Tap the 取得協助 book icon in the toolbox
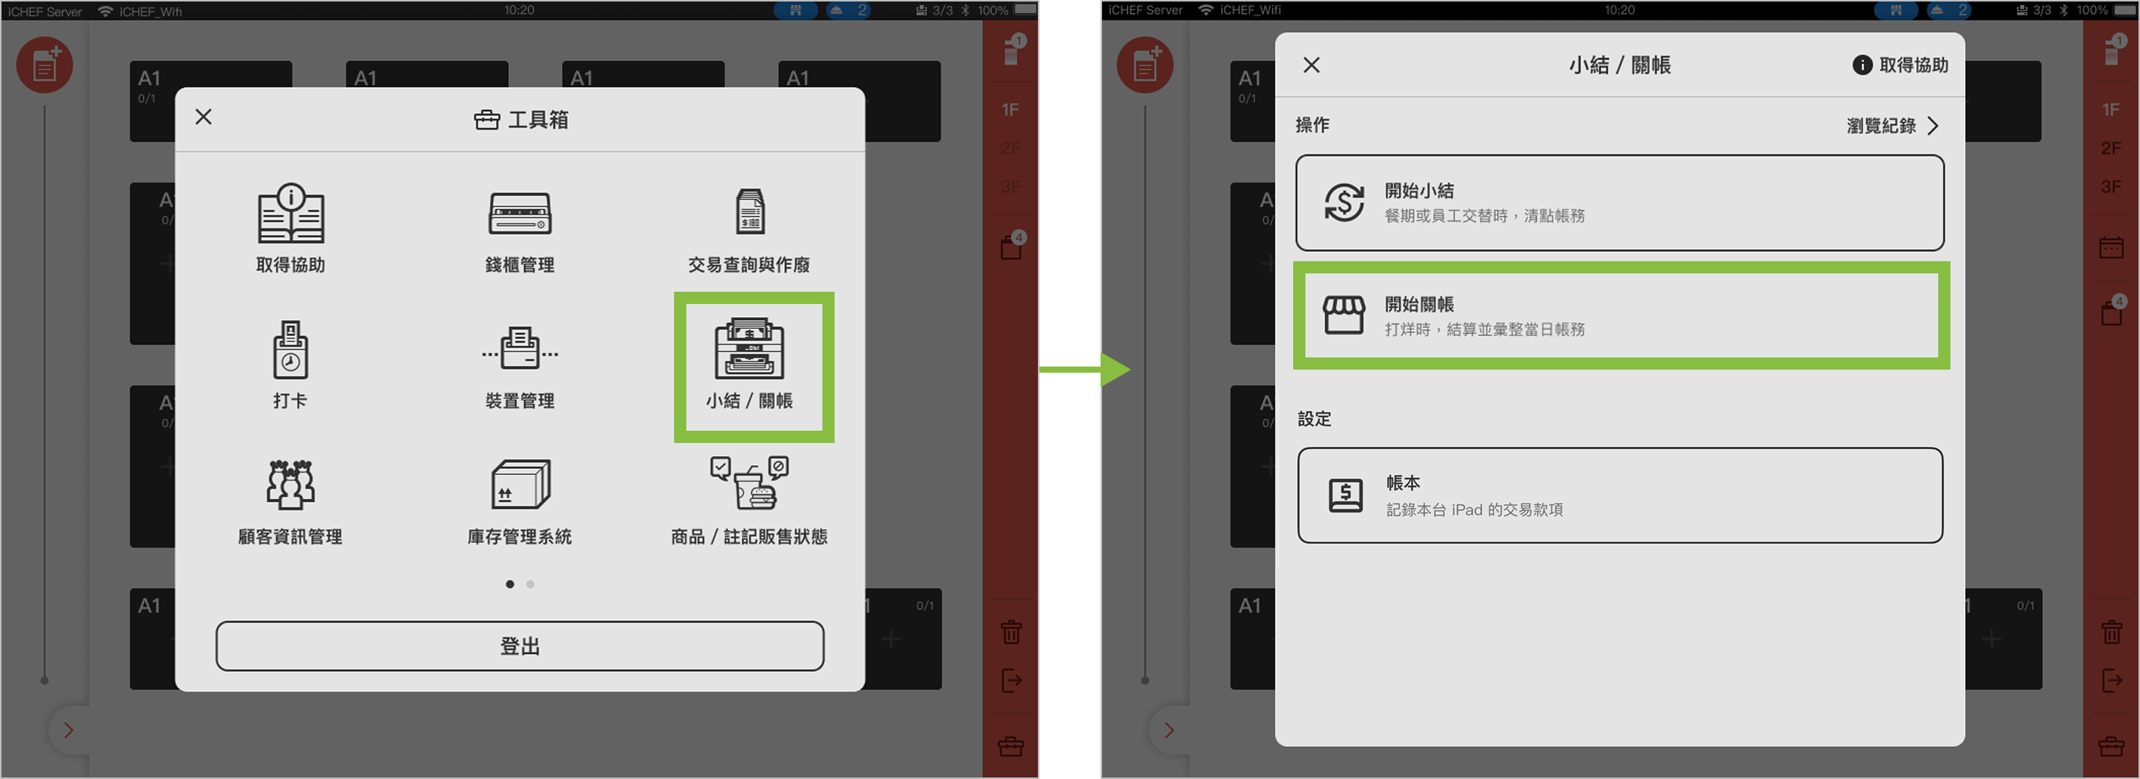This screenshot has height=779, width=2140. click(x=290, y=212)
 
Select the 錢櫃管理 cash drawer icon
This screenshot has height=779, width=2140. click(x=520, y=213)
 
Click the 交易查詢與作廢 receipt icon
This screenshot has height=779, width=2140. click(x=751, y=211)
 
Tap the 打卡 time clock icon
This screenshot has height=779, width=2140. click(x=290, y=350)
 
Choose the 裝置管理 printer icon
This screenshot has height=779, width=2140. click(x=520, y=348)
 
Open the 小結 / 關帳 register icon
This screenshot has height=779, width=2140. click(x=749, y=348)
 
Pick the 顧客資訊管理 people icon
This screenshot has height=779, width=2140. click(x=290, y=484)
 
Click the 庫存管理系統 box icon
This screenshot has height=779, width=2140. click(x=521, y=484)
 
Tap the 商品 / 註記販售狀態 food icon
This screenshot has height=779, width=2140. click(x=749, y=483)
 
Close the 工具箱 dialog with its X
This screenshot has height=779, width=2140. click(x=203, y=117)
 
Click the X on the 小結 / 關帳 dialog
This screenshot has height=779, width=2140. click(x=1312, y=65)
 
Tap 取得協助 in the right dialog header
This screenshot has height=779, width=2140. click(x=1901, y=65)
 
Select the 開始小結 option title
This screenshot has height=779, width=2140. click(x=1419, y=191)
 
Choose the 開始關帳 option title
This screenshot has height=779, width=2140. click(x=1419, y=305)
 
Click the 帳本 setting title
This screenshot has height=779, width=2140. click(x=1403, y=483)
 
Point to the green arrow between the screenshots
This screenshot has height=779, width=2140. click(x=1085, y=370)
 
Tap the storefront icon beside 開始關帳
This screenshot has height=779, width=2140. click(x=1344, y=315)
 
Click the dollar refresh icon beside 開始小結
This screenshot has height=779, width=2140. click(x=1344, y=202)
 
